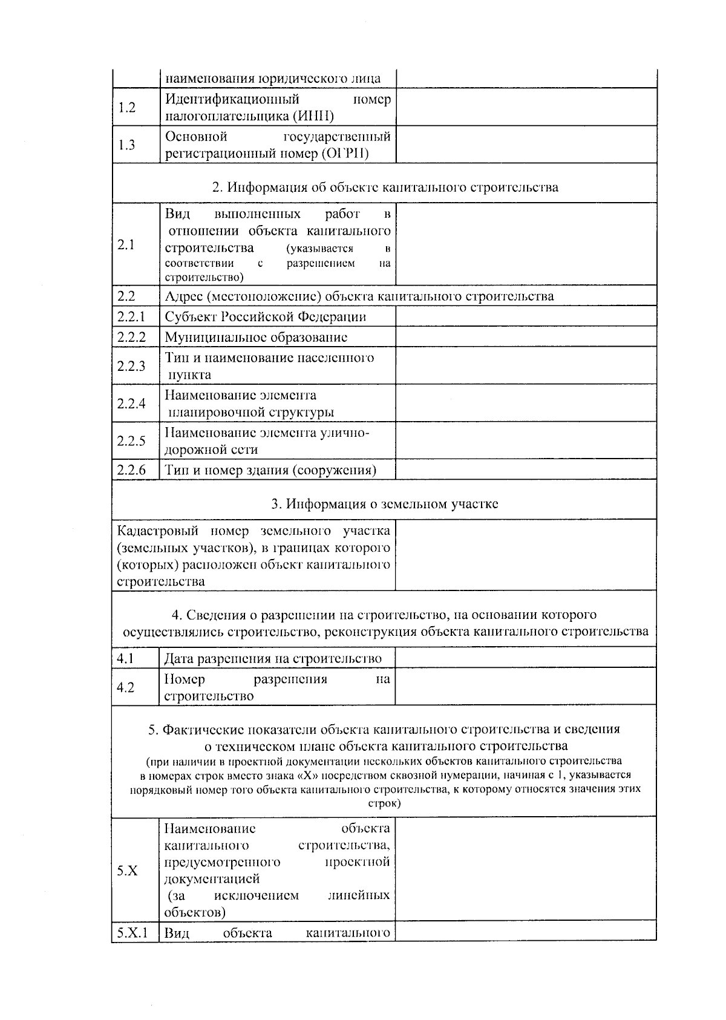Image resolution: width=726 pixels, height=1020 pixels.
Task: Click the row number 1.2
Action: point(126,108)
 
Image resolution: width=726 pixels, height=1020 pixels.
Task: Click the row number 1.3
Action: point(126,145)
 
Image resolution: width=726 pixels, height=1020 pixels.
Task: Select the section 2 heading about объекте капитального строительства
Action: point(385,187)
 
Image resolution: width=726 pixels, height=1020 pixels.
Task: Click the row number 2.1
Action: point(126,244)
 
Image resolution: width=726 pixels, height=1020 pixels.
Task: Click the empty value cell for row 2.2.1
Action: point(525,317)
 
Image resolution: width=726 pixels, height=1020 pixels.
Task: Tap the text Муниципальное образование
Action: point(256,337)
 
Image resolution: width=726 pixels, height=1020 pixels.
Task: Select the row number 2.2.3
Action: point(131,365)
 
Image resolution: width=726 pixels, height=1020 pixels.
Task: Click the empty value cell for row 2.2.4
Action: point(525,403)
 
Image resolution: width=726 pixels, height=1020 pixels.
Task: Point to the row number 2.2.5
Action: point(131,440)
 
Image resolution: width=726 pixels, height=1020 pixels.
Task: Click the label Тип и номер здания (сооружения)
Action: point(270,470)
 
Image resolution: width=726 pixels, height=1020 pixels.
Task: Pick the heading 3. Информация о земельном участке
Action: point(385,503)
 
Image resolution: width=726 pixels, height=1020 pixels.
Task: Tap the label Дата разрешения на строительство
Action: point(273,658)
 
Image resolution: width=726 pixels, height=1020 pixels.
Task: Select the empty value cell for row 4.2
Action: point(525,687)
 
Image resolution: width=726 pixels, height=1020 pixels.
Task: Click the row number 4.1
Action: point(125,658)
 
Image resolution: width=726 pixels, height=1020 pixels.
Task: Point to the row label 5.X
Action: point(128,871)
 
